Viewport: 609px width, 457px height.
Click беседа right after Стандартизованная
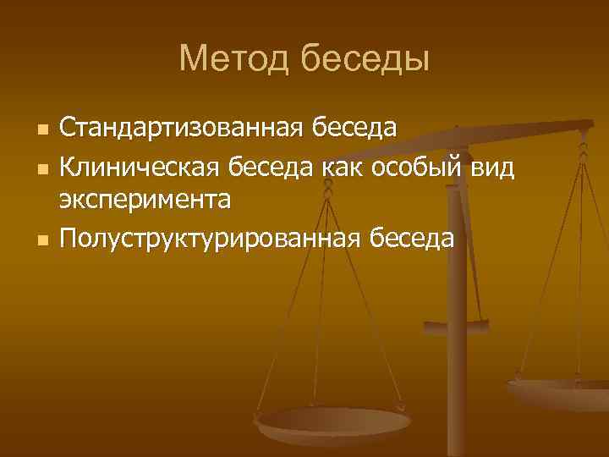pyautogui.click(x=354, y=129)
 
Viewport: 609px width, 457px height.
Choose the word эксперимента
pyautogui.click(x=145, y=201)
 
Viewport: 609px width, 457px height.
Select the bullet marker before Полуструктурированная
pyautogui.click(x=39, y=241)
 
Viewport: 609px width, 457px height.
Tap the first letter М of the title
pyautogui.click(x=191, y=59)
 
